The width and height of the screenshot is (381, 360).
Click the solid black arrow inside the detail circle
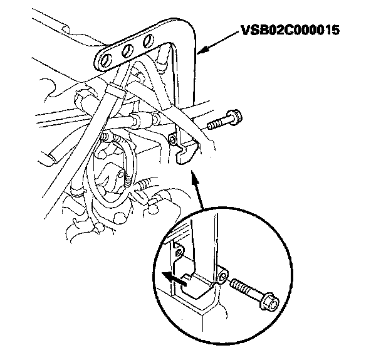169,276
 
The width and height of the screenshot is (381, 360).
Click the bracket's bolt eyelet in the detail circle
224,275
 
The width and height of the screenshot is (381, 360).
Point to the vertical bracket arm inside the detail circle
207,245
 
